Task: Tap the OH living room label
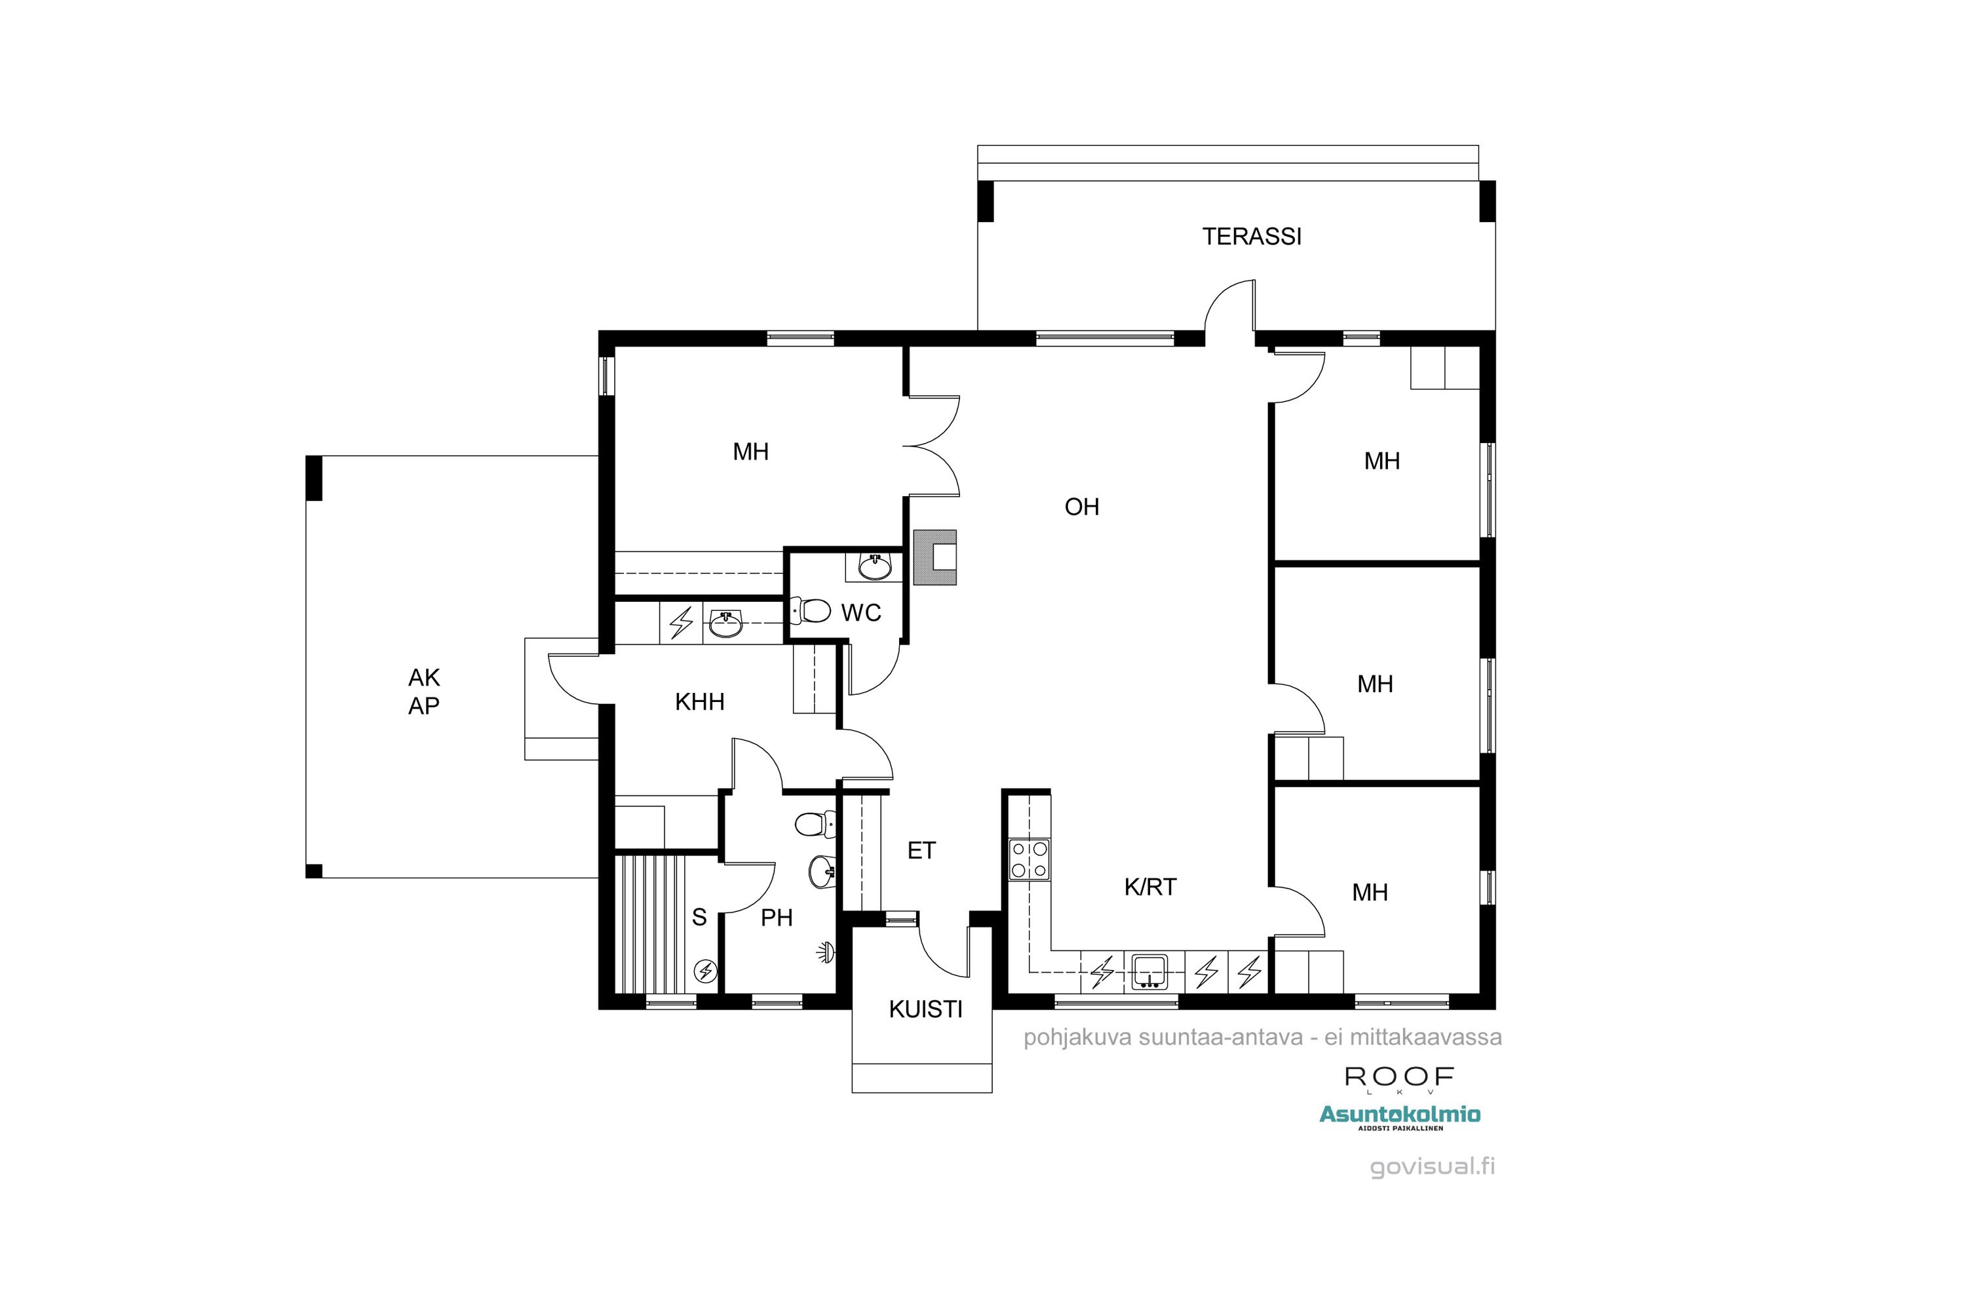1082,507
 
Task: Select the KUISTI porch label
925,1009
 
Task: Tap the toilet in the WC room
810,610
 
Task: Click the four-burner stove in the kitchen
1029,859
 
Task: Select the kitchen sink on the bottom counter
1149,971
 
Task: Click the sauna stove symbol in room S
706,971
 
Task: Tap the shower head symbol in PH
826,952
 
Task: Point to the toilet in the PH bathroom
813,825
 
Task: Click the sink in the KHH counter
725,623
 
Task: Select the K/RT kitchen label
1150,887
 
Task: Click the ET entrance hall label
921,850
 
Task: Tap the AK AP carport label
424,692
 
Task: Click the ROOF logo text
1398,1077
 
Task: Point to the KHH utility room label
700,701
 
